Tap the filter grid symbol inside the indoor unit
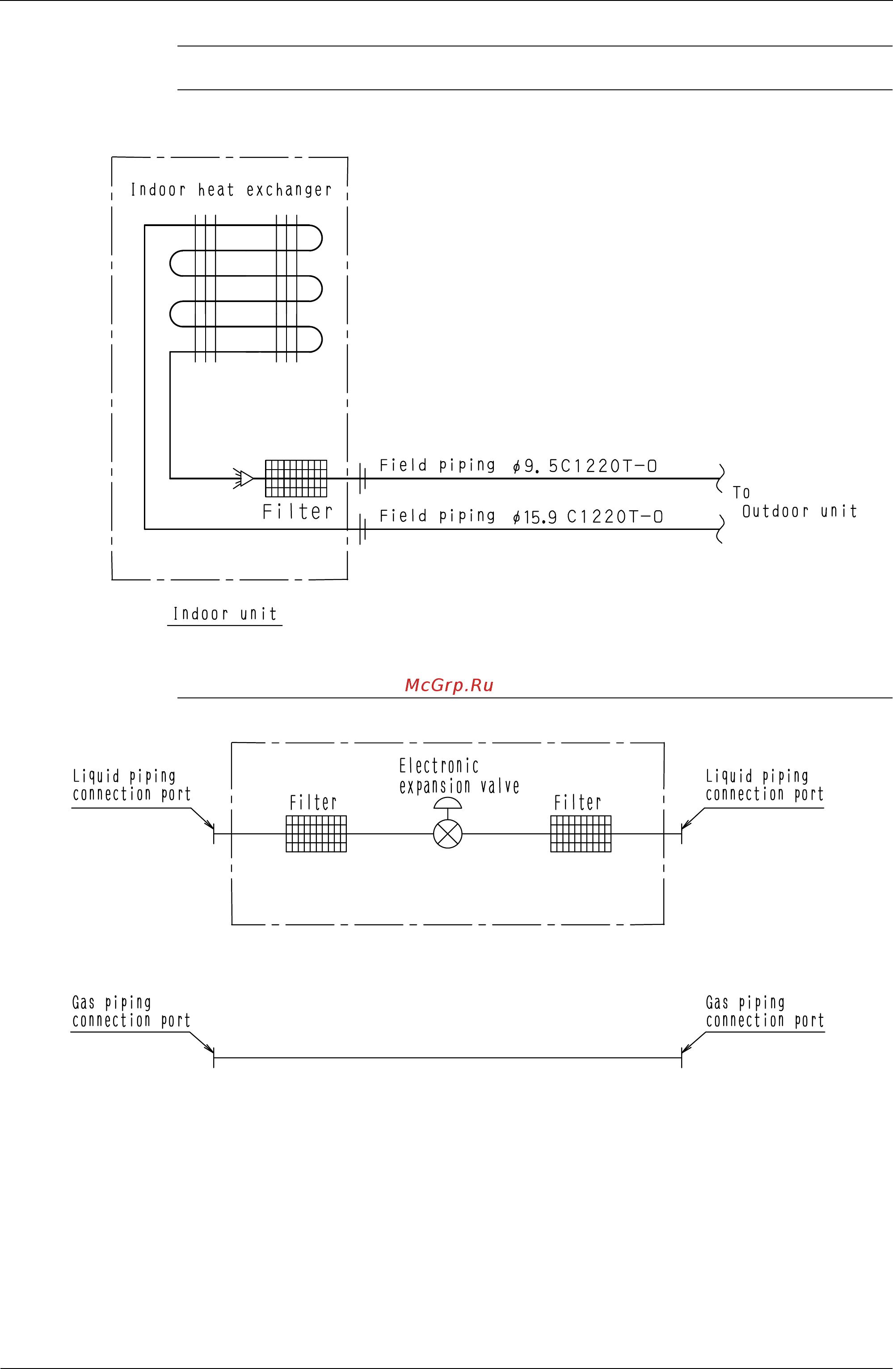coord(296,478)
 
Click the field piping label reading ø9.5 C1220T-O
coord(518,466)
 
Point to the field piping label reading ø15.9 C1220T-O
coord(521,516)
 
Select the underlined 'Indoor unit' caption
coord(225,614)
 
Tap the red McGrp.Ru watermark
coord(449,685)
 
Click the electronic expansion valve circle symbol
coord(448,833)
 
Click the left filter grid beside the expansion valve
coord(316,833)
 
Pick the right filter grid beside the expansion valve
coord(581,833)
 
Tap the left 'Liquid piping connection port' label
coord(131,785)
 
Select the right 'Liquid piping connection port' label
coord(764,785)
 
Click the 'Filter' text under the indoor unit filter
coord(298,511)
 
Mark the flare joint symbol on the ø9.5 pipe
coord(362,478)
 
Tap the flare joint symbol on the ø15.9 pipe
coord(362,529)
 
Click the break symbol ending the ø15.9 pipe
coord(720,529)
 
